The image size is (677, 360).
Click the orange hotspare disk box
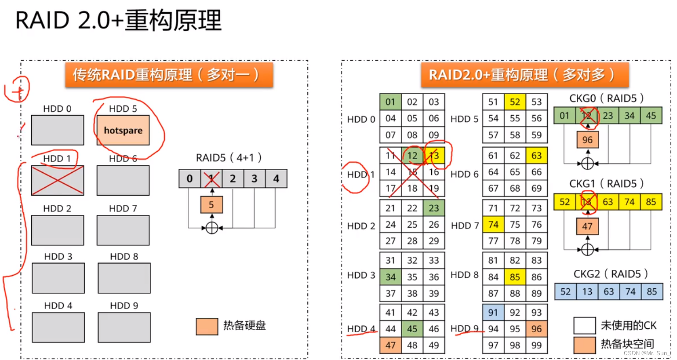pyautogui.click(x=123, y=130)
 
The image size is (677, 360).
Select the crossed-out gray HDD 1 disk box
pyautogui.click(x=57, y=180)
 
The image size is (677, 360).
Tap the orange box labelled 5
pyautogui.click(x=211, y=205)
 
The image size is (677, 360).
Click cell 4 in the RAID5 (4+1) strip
pyautogui.click(x=276, y=178)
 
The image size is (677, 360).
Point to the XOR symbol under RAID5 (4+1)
pyautogui.click(x=212, y=228)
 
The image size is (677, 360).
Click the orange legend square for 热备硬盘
pyautogui.click(x=207, y=326)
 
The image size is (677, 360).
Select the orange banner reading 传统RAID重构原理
pyautogui.click(x=169, y=75)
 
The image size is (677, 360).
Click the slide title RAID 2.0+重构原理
pyautogui.click(x=119, y=20)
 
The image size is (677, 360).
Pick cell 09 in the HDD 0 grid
pyautogui.click(x=433, y=135)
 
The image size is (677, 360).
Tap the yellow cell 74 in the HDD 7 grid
pyautogui.click(x=493, y=225)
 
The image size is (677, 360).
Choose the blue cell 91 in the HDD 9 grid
pyautogui.click(x=493, y=313)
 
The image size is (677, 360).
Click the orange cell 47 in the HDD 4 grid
pyautogui.click(x=390, y=345)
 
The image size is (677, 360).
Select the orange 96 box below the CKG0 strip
pyautogui.click(x=587, y=140)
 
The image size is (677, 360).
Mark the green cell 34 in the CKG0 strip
pyautogui.click(x=630, y=116)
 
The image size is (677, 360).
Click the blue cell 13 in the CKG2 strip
pyautogui.click(x=587, y=291)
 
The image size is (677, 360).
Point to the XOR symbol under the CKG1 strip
pyautogui.click(x=587, y=250)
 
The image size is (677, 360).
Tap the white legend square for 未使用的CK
pyautogui.click(x=585, y=326)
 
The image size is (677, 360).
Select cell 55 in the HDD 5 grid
pyautogui.click(x=515, y=118)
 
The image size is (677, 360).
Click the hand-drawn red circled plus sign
pyautogui.click(x=18, y=90)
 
